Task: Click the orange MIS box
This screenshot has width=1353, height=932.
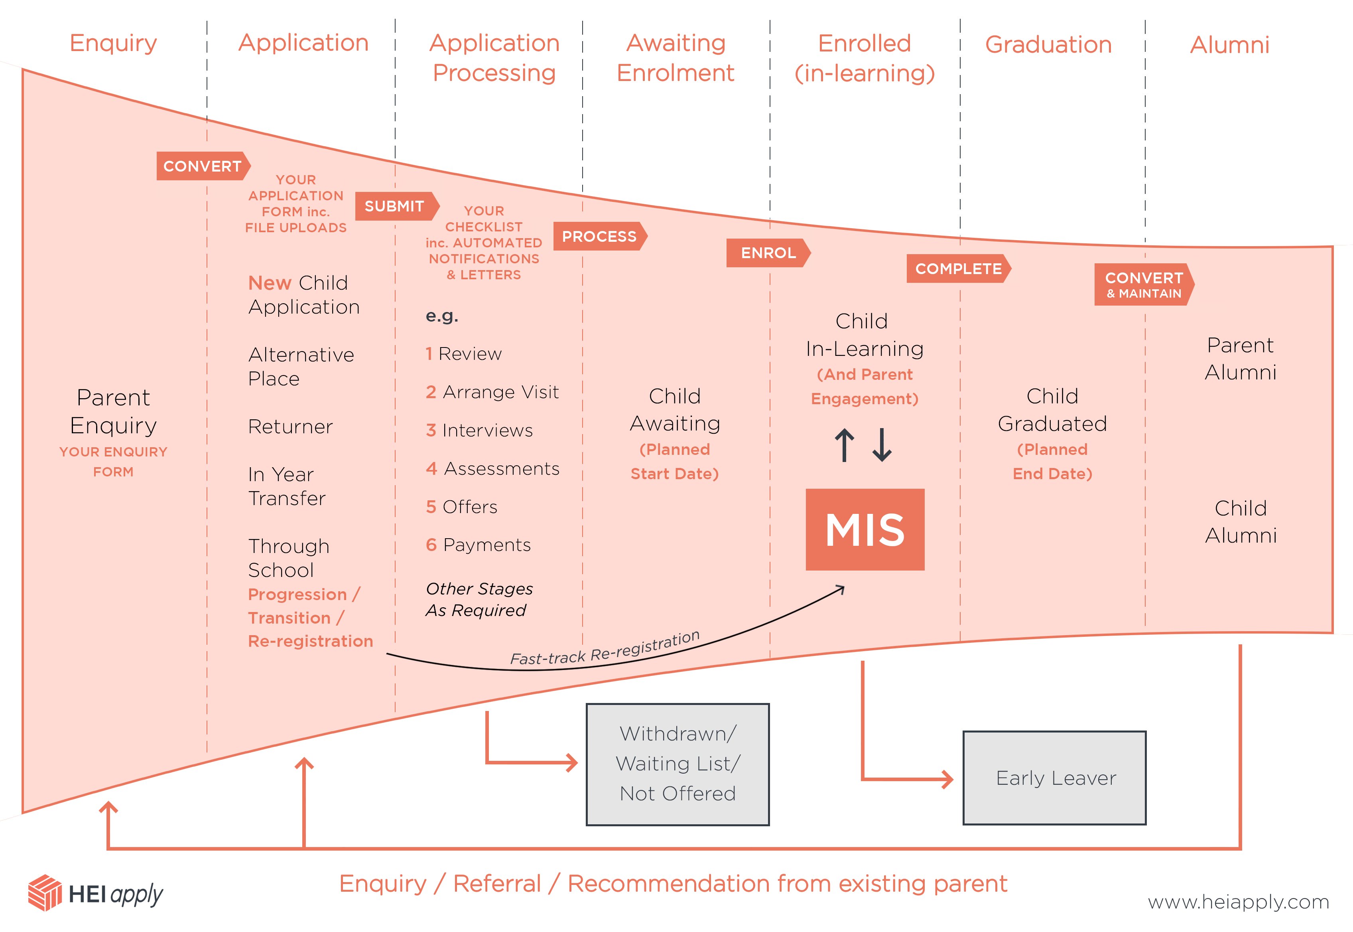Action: pyautogui.click(x=865, y=529)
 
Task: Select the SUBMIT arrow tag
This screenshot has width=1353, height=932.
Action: pyautogui.click(x=395, y=206)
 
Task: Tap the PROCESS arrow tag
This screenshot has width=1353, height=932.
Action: pyautogui.click(x=599, y=237)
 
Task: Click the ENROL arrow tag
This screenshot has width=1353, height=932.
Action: pyautogui.click(x=768, y=253)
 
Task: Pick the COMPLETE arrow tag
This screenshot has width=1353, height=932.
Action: pyautogui.click(x=958, y=269)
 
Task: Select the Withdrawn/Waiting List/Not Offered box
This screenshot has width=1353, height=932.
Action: pyautogui.click(x=677, y=764)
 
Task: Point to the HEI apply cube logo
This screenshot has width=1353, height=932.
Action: pyautogui.click(x=45, y=892)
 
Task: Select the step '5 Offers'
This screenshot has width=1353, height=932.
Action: pyautogui.click(x=462, y=506)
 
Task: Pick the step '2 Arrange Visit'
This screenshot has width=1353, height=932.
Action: pyautogui.click(x=492, y=392)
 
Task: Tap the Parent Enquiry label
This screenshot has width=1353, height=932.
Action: pyautogui.click(x=113, y=411)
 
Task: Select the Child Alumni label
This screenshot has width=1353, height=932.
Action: pyautogui.click(x=1240, y=521)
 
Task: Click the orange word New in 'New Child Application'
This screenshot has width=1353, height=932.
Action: pyautogui.click(x=269, y=282)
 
